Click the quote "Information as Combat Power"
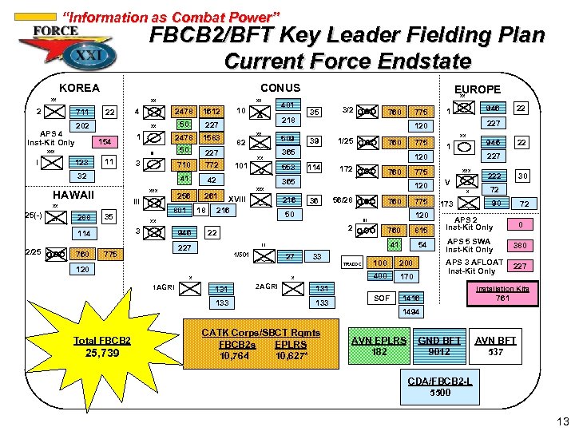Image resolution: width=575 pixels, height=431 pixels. pyautogui.click(x=171, y=17)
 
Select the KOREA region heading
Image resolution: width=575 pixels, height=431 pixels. pyautogui.click(x=80, y=88)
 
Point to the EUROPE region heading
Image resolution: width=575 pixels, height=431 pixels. pyautogui.click(x=477, y=89)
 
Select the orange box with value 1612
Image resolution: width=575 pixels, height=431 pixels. pyautogui.click(x=212, y=112)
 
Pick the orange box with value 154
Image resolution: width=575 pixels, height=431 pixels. pyautogui.click(x=103, y=142)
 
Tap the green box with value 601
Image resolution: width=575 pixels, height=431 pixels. pyautogui.click(x=180, y=210)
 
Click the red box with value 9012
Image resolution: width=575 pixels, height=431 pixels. pyautogui.click(x=439, y=350)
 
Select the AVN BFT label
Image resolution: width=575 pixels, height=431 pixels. pyautogui.click(x=495, y=340)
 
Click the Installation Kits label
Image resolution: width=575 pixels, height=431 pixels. pyautogui.click(x=502, y=288)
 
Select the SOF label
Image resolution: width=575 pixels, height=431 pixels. pyautogui.click(x=383, y=298)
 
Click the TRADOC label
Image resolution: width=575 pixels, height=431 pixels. pyautogui.click(x=352, y=264)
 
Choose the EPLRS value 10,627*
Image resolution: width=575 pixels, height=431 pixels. pyautogui.click(x=291, y=354)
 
